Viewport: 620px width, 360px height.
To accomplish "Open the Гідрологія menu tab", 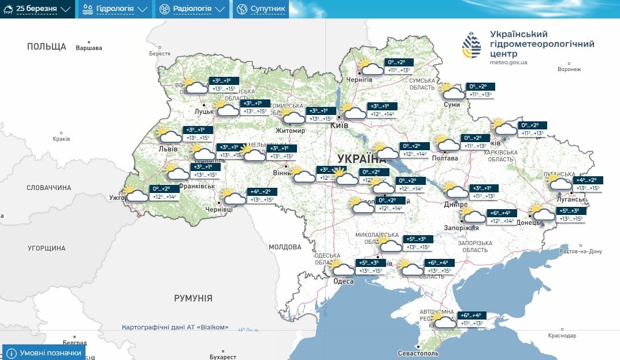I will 114,9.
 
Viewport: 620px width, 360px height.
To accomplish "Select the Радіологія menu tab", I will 192,9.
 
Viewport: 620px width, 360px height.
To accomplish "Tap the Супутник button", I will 261,9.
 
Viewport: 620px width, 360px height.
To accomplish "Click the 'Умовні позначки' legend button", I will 44,352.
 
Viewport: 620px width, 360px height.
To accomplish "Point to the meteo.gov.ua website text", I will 508,62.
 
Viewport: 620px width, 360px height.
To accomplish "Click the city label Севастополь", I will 418,353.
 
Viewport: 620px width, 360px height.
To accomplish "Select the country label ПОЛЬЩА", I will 47,46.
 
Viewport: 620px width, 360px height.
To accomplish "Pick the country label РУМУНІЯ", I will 193,298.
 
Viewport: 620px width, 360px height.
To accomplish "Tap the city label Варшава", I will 89,48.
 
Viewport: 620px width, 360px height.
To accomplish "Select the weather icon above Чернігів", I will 369,68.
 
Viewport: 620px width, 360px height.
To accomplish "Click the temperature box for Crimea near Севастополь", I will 470,319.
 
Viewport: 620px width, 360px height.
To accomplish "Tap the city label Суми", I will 452,105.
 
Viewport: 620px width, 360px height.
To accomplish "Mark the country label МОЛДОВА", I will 285,247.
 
